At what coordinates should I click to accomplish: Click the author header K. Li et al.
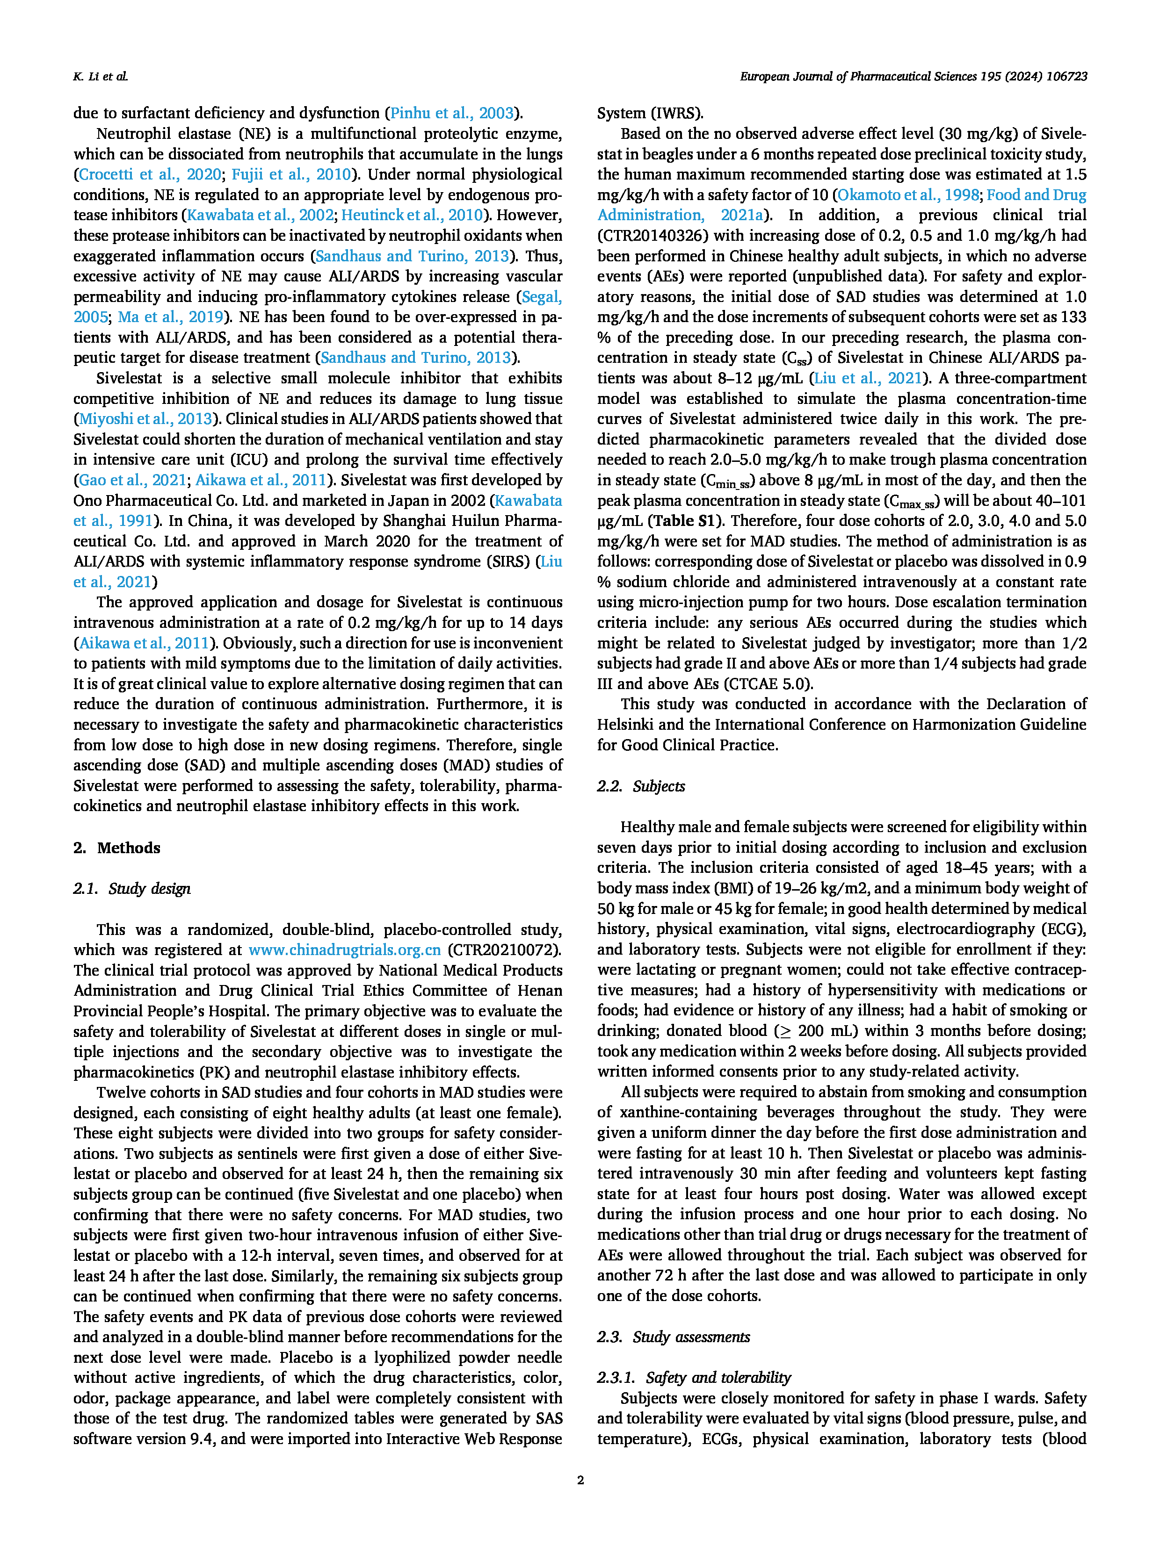(x=100, y=77)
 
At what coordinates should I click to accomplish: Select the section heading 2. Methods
(x=117, y=848)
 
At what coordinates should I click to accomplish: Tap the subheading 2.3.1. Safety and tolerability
(x=694, y=1378)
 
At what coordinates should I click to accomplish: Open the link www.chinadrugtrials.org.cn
(x=345, y=950)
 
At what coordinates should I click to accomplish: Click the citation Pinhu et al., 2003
(x=452, y=113)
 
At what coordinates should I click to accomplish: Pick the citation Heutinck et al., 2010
(x=412, y=215)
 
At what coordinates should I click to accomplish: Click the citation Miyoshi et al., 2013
(x=145, y=419)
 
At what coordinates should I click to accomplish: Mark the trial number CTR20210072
(x=503, y=950)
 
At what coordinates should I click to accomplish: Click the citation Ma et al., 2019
(x=170, y=317)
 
